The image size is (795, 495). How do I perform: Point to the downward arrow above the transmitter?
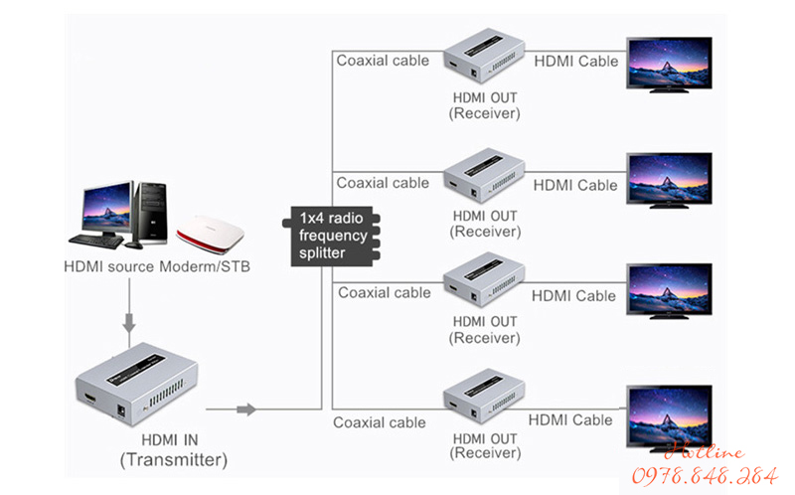(128, 322)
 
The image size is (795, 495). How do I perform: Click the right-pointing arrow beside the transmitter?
(245, 410)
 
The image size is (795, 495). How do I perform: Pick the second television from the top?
(669, 179)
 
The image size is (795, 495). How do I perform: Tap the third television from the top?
(669, 289)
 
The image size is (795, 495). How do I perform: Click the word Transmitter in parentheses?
(174, 460)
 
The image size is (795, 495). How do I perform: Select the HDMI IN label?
(175, 439)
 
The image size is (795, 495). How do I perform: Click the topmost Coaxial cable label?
(383, 61)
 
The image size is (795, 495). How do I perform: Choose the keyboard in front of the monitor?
(97, 240)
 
